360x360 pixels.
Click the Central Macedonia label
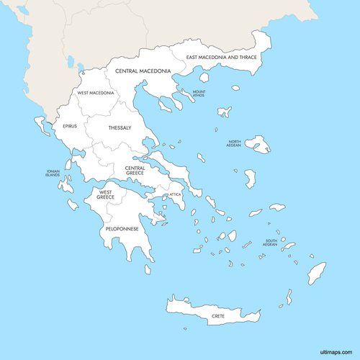coord(143,71)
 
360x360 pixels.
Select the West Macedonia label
coord(96,93)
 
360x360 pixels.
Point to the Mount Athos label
coord(199,94)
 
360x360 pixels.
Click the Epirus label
coord(69,126)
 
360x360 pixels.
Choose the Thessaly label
coord(120,127)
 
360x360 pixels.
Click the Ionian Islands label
coord(53,174)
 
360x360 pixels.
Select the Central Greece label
coord(135,171)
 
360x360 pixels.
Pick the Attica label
coord(175,194)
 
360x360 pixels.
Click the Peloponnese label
coord(122,228)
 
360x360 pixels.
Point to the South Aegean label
coord(270,243)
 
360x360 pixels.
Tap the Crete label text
coord(218,315)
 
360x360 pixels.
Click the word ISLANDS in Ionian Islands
coord(53,176)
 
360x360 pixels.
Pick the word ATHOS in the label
coord(199,96)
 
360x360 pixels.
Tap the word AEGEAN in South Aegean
coord(270,245)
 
